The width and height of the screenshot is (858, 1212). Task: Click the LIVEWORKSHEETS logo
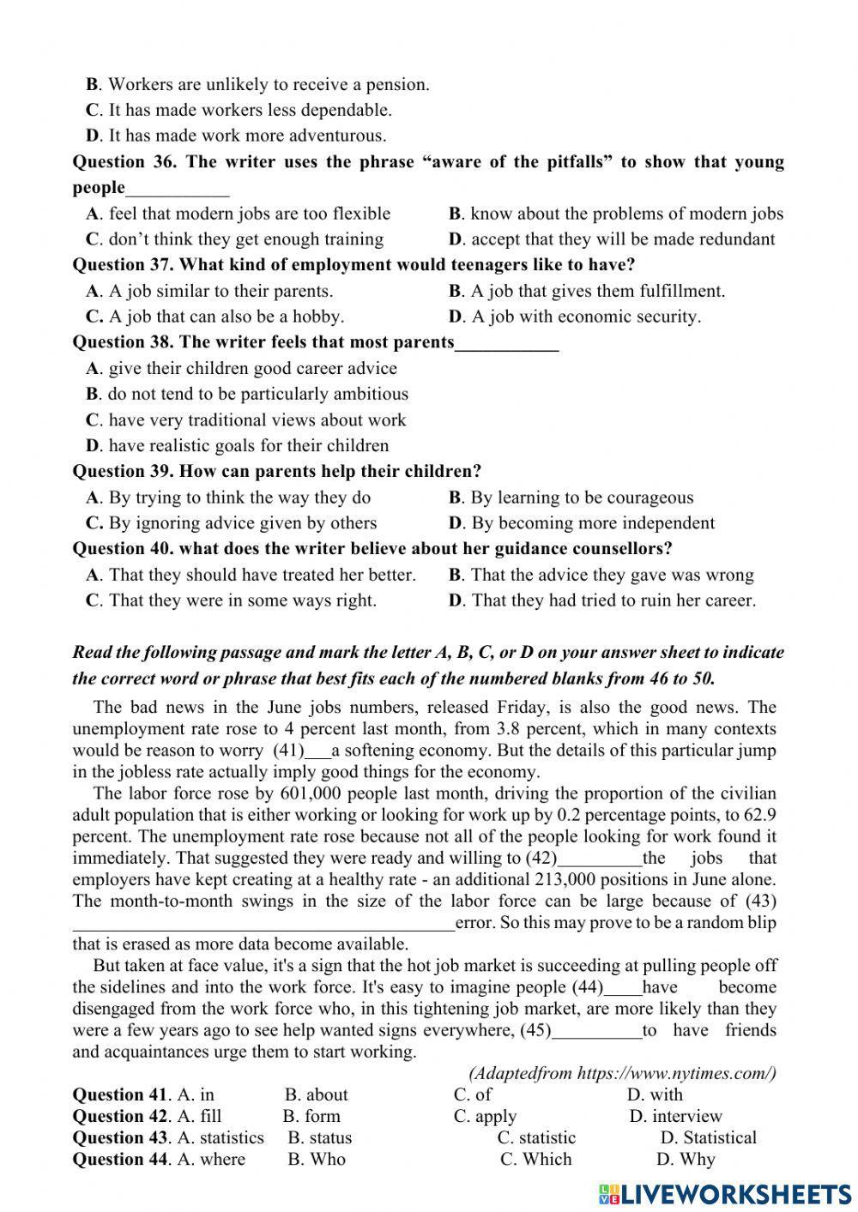point(725,1193)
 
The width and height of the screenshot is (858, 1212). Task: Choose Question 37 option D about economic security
point(575,317)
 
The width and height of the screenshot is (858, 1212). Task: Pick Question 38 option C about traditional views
point(246,420)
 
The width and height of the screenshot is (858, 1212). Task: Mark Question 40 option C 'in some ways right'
point(232,600)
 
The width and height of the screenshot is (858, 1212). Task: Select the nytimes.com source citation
point(622,1073)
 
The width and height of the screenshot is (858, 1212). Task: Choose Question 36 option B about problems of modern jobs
point(616,214)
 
